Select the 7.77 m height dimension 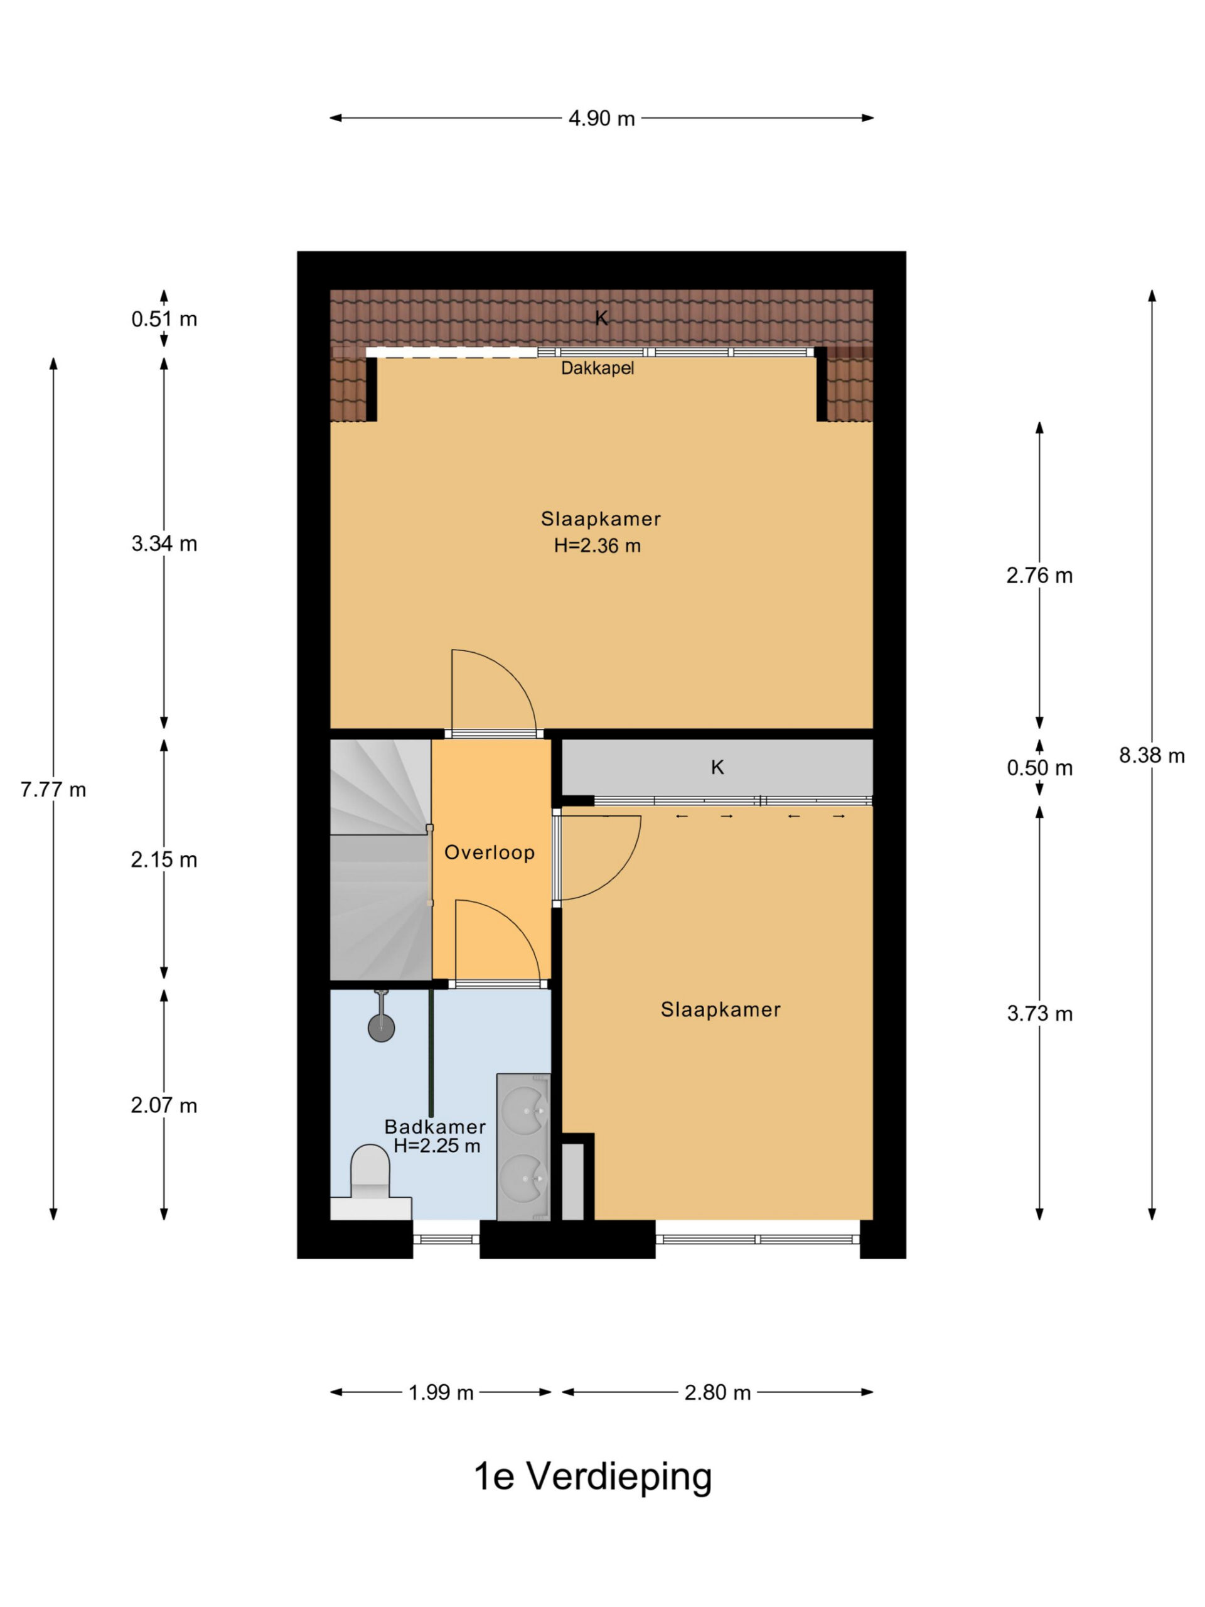[53, 790]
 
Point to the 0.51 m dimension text [164, 319]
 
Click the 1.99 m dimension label [441, 1393]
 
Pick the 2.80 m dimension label [717, 1393]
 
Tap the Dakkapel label [597, 368]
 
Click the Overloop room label [490, 852]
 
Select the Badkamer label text [435, 1127]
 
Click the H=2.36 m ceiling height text [597, 546]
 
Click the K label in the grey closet [717, 768]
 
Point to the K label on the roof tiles [601, 318]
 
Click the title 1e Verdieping [592, 1477]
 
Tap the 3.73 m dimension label [1039, 1014]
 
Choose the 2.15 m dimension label [164, 860]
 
